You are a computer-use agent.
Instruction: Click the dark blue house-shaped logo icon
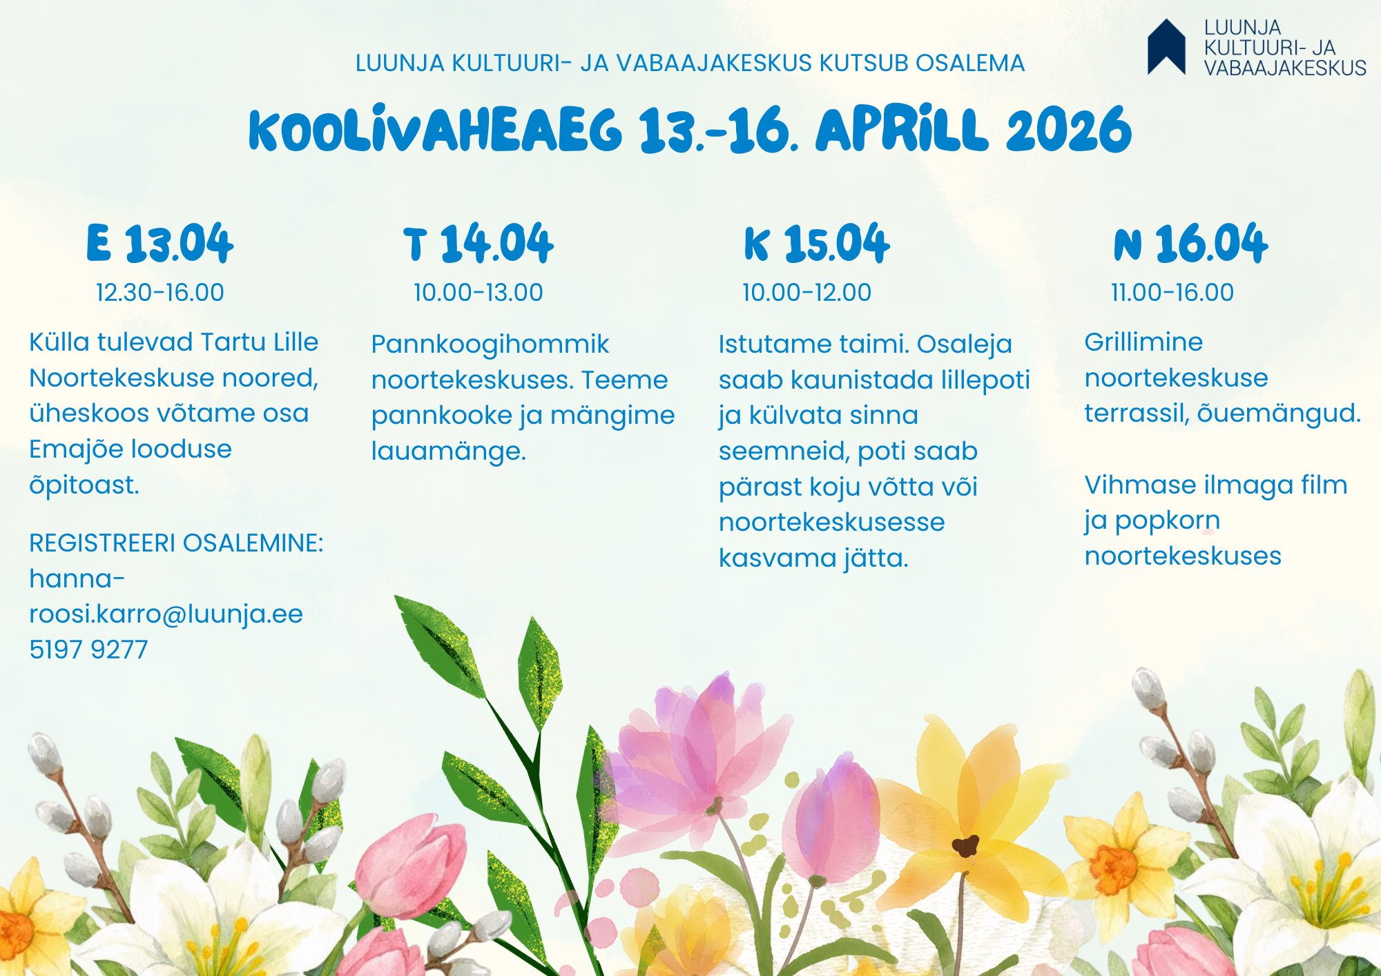coord(1166,47)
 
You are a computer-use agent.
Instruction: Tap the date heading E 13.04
coord(160,243)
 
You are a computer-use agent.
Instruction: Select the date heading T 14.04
coord(479,243)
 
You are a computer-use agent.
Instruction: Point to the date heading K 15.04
coord(817,243)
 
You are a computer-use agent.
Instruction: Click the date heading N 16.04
coord(1191,243)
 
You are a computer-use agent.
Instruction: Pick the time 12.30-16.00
coord(160,293)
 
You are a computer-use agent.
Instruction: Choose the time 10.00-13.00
coord(478,293)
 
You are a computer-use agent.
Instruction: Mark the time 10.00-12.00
coord(807,293)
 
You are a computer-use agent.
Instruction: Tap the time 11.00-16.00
coord(1172,293)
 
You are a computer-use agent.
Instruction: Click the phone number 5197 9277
coord(88,650)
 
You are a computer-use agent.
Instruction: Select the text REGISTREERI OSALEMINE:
coord(176,543)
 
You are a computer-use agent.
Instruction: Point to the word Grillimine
coord(1143,342)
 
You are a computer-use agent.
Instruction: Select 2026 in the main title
coord(1069,130)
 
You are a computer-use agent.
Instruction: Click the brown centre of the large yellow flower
coord(965,845)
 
